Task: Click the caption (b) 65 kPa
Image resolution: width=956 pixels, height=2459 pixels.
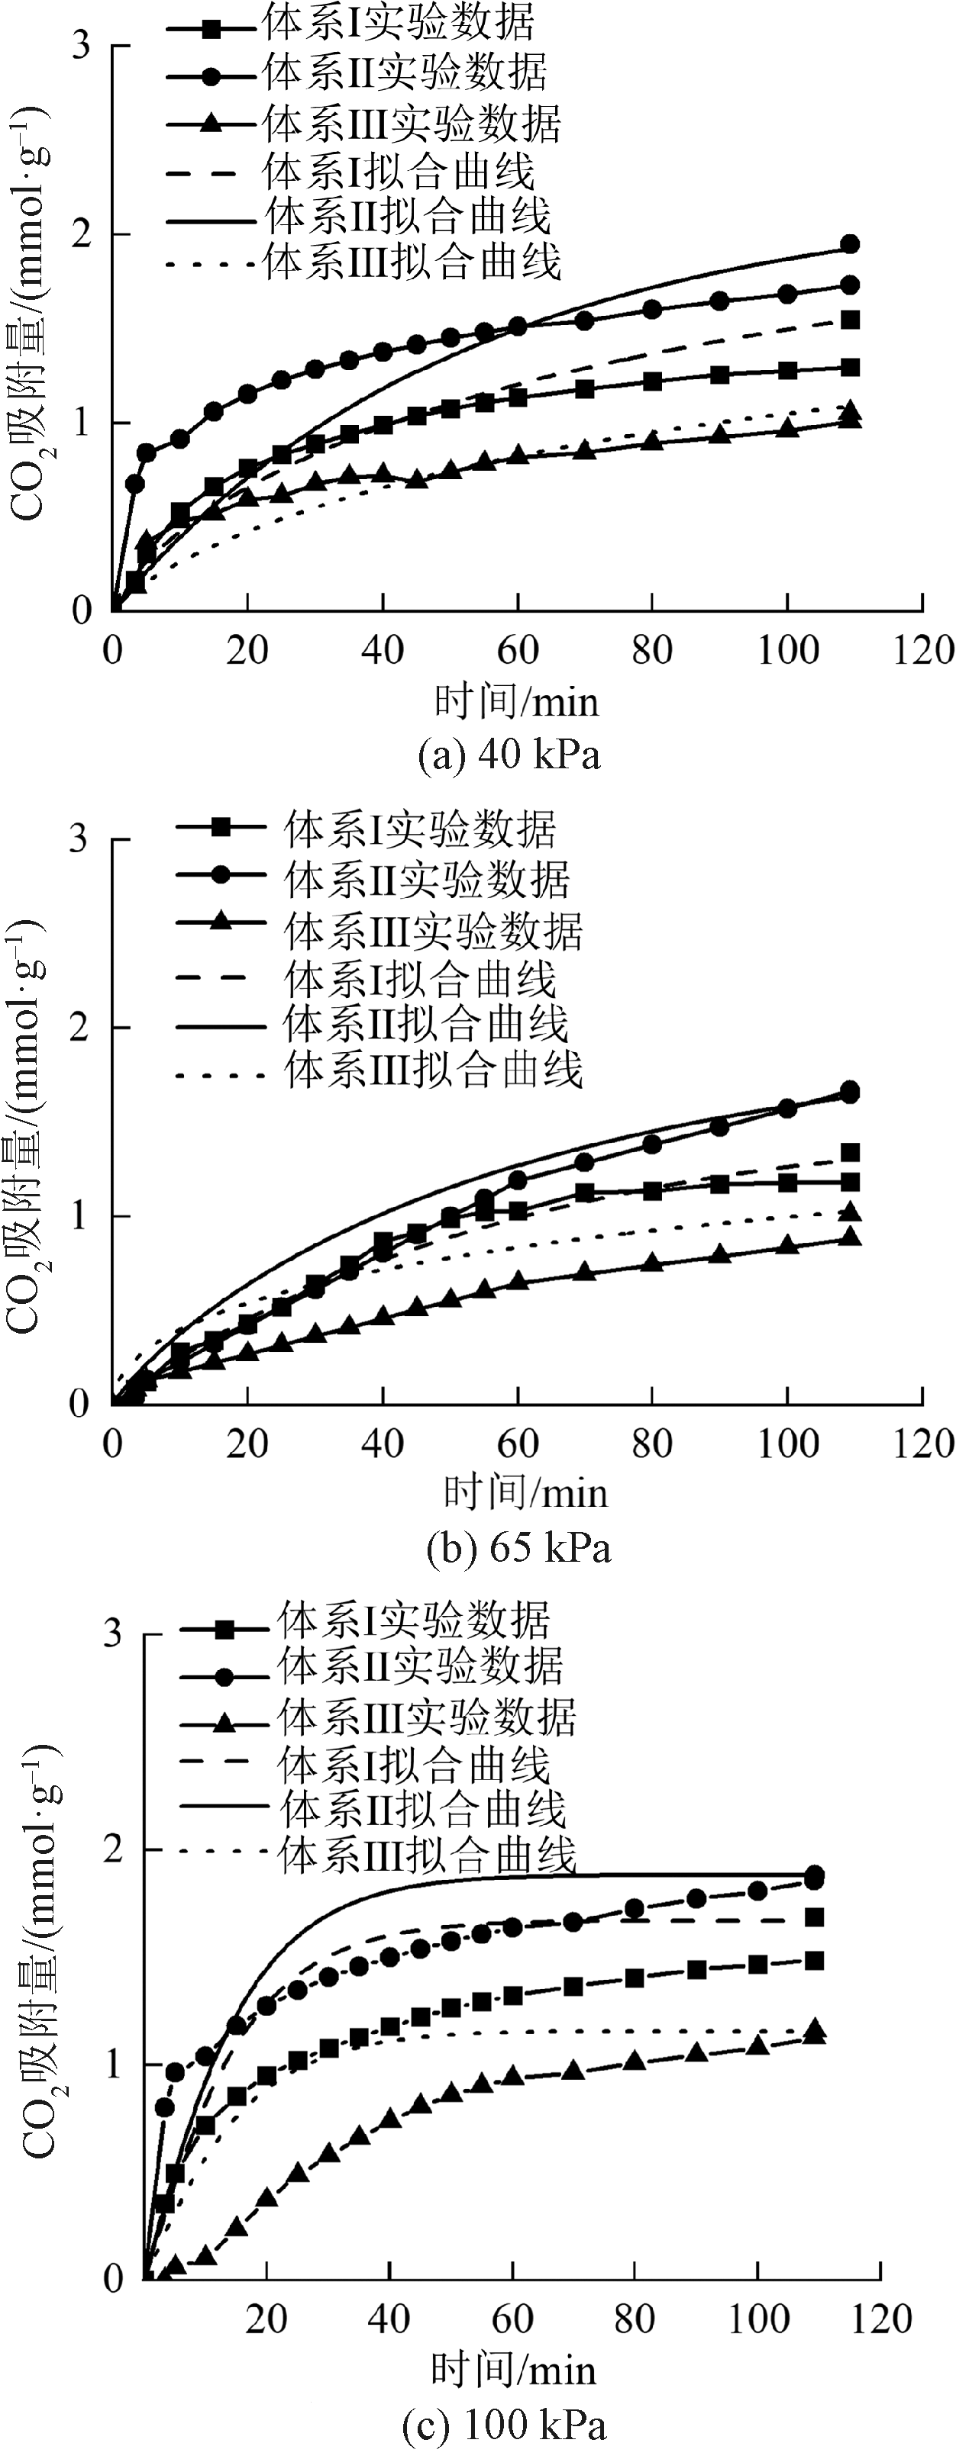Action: point(518,1547)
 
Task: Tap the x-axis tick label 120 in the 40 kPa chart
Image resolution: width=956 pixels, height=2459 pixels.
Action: point(922,651)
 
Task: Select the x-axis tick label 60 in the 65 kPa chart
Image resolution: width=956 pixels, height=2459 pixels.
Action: point(518,1444)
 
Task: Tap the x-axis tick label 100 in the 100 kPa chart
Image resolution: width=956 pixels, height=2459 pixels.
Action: point(759,2318)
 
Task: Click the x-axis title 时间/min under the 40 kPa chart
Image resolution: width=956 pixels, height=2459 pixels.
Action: point(517,703)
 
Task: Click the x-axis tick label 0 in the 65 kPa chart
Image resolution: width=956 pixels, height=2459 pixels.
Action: point(113,1444)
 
